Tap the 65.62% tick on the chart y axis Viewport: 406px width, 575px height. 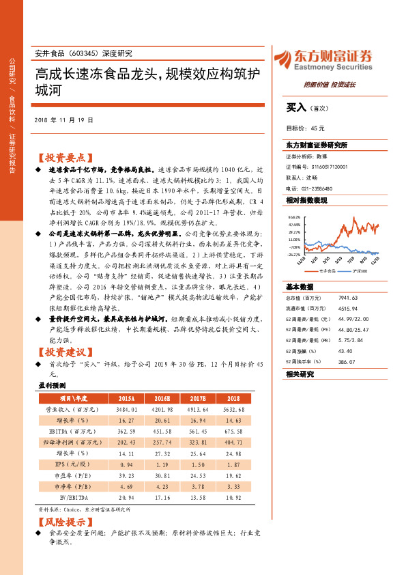pyautogui.click(x=294, y=215)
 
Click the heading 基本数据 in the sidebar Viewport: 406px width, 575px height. pyautogui.click(x=300, y=286)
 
